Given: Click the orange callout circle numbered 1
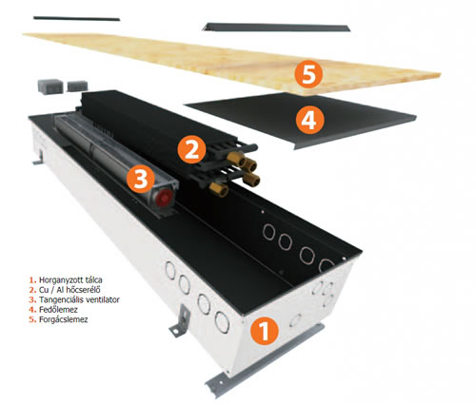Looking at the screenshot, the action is tap(265, 331).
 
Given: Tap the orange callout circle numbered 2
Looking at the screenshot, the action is tap(191, 149).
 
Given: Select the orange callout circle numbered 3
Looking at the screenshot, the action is tap(141, 179).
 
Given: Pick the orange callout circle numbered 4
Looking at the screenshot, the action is tap(310, 120).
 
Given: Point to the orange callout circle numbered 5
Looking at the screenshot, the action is tap(308, 74).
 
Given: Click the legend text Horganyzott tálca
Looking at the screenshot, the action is tap(70, 280).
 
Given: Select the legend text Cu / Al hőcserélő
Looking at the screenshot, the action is tap(69, 290).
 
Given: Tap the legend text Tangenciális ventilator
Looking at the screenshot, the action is tap(79, 299).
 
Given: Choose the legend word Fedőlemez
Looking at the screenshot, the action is tap(58, 310).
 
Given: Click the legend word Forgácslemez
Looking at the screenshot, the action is tap(63, 319).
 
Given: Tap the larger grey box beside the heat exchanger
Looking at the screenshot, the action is tap(50, 86).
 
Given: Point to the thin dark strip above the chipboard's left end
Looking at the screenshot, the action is tap(77, 18).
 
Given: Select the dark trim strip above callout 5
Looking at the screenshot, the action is tap(276, 28).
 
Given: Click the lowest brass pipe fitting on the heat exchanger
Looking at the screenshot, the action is tap(219, 189).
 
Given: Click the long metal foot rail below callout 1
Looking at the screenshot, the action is tap(265, 360).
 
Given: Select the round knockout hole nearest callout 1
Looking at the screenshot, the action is tap(295, 320).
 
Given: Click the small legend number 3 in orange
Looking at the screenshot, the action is tap(31, 299).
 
